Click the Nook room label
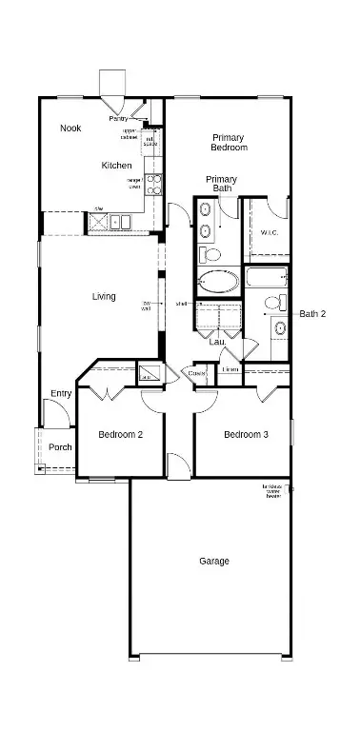(70, 128)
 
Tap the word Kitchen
(116, 166)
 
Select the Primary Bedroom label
(229, 143)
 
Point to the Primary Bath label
(222, 184)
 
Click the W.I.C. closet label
(269, 232)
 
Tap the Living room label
(104, 297)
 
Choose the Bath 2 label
(312, 313)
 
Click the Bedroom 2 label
(121, 435)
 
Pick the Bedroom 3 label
(246, 435)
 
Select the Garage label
(213, 562)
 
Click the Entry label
(61, 394)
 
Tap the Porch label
(60, 447)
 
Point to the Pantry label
(118, 118)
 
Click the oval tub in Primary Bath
(219, 283)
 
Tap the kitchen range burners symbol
(153, 183)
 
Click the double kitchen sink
(120, 223)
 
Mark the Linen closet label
(230, 369)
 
